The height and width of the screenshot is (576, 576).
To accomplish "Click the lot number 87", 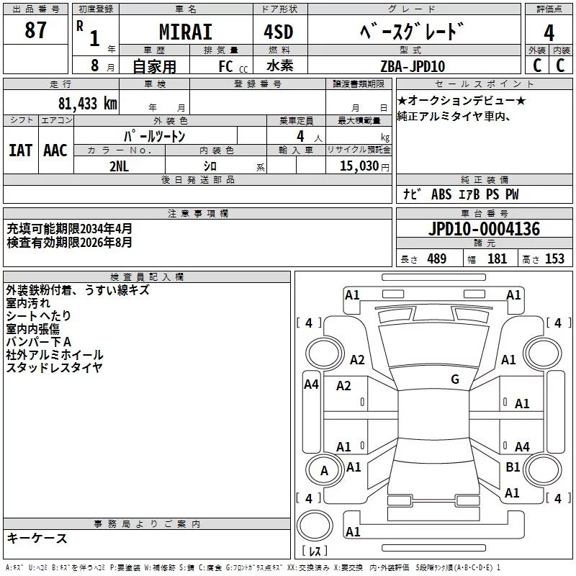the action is pyautogui.click(x=35, y=31).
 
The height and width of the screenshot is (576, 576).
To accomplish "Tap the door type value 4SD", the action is pyautogui.click(x=273, y=32).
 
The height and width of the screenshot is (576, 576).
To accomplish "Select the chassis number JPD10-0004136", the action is pyautogui.click(x=484, y=230).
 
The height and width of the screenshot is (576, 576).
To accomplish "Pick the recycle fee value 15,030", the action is pyautogui.click(x=359, y=166).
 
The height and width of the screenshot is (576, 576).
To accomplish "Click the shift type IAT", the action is pyautogui.click(x=20, y=150).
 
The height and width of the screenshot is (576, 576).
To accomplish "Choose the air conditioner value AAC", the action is pyautogui.click(x=55, y=150).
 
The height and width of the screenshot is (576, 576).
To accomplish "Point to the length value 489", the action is pyautogui.click(x=436, y=258).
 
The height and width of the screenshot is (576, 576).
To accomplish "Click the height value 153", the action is pyautogui.click(x=554, y=258).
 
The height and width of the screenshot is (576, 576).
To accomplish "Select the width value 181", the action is pyautogui.click(x=497, y=258).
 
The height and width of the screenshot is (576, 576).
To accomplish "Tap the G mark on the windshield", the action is pyautogui.click(x=455, y=379).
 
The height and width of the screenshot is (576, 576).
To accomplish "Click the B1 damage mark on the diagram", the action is pyautogui.click(x=513, y=467).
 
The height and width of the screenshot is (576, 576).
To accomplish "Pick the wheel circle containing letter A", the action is pyautogui.click(x=324, y=471).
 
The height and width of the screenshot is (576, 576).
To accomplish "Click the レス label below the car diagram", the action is pyautogui.click(x=315, y=551).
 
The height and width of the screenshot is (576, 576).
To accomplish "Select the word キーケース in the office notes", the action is pyautogui.click(x=37, y=538).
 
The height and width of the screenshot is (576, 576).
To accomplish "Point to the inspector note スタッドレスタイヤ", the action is pyautogui.click(x=54, y=367).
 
